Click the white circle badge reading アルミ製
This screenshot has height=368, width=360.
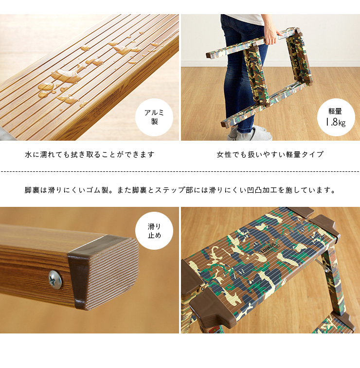tap(154, 117)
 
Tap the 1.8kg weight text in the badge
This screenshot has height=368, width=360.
tap(336, 122)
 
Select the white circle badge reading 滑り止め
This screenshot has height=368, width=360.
tap(154, 231)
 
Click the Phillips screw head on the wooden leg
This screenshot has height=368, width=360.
tap(55, 279)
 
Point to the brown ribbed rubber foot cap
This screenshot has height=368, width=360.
tap(103, 272)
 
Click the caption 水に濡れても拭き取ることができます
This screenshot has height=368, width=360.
tap(90, 154)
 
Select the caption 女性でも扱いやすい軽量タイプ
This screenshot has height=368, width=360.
tap(270, 154)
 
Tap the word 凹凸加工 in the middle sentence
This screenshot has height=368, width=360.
tap(262, 190)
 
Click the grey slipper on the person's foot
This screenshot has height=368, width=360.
tap(253, 133)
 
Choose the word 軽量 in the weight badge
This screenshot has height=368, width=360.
tap(335, 111)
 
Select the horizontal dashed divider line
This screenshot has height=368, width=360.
tap(180, 172)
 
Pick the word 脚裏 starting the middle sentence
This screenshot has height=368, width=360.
tap(32, 190)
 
